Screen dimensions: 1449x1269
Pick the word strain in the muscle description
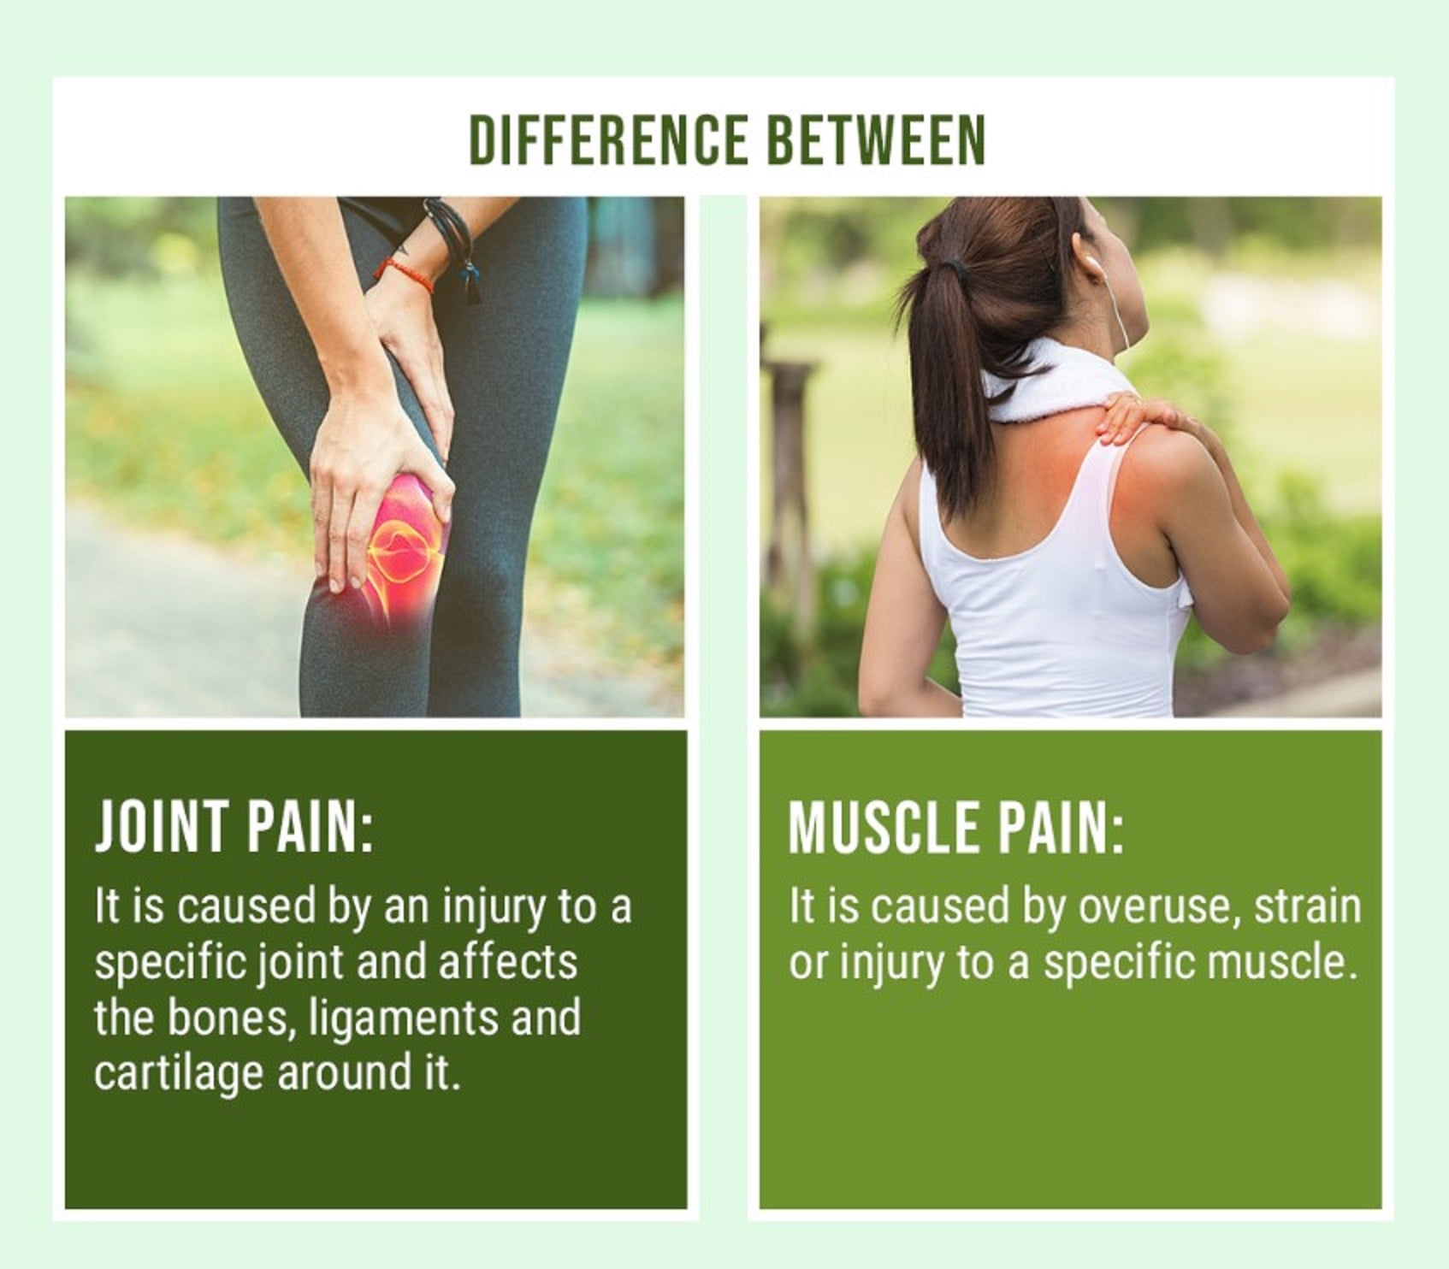(1307, 906)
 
